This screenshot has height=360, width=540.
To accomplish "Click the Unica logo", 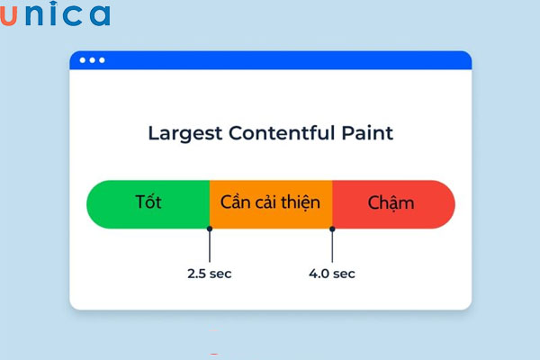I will tap(56, 15).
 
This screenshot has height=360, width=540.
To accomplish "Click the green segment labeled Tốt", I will tap(148, 203).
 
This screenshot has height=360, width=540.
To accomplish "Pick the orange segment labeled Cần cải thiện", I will tap(271, 203).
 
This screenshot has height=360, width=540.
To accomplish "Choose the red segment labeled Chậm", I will tap(393, 203).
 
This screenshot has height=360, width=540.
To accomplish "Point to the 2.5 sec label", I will tap(210, 273).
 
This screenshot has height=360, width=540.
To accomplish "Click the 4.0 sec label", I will tap(332, 273).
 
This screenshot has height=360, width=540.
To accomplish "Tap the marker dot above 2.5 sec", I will tap(210, 230).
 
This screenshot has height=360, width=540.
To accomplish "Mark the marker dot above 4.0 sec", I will tap(332, 230).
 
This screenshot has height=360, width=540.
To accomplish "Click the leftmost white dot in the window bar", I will tap(82, 60).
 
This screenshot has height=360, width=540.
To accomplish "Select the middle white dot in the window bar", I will tap(92, 60).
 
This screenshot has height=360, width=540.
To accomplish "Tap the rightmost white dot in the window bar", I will tap(102, 60).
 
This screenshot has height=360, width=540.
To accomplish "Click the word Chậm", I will tap(391, 203).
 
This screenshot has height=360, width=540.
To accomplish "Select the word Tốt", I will tap(148, 202).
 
